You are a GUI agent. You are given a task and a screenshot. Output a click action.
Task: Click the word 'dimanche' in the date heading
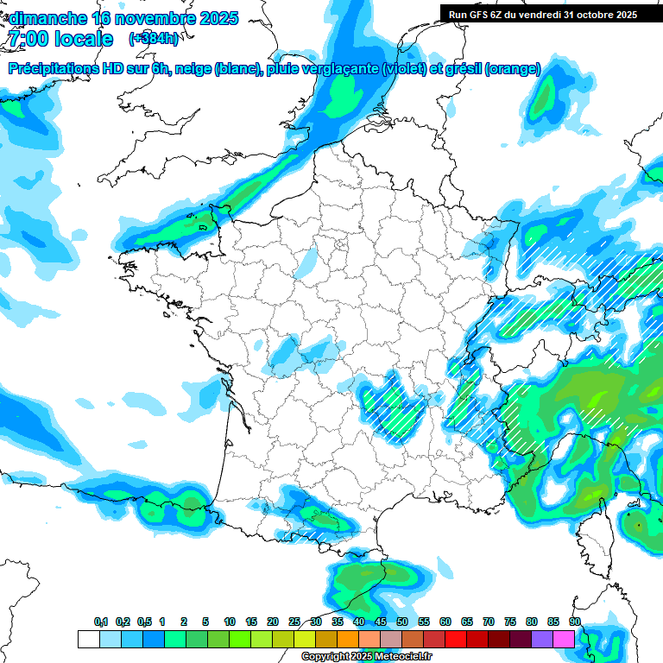tap(47, 18)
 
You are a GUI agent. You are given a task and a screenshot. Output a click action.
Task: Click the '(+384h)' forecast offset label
tap(154, 39)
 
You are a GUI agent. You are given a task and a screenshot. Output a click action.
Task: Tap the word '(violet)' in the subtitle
tap(404, 69)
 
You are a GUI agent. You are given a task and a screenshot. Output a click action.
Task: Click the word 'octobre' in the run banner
tap(590, 14)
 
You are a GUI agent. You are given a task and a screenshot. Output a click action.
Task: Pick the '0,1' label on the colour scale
tap(101, 622)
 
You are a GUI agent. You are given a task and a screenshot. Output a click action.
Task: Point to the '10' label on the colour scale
tap(230, 622)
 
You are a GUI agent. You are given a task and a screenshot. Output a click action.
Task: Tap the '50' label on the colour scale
tap(402, 622)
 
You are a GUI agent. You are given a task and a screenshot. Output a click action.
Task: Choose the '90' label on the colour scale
tap(574, 622)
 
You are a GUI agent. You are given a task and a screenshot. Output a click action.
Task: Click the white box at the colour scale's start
tap(88, 639)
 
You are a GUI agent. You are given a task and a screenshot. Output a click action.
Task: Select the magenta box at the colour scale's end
tap(564, 639)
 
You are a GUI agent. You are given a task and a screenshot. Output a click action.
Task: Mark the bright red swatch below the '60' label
tap(455, 639)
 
